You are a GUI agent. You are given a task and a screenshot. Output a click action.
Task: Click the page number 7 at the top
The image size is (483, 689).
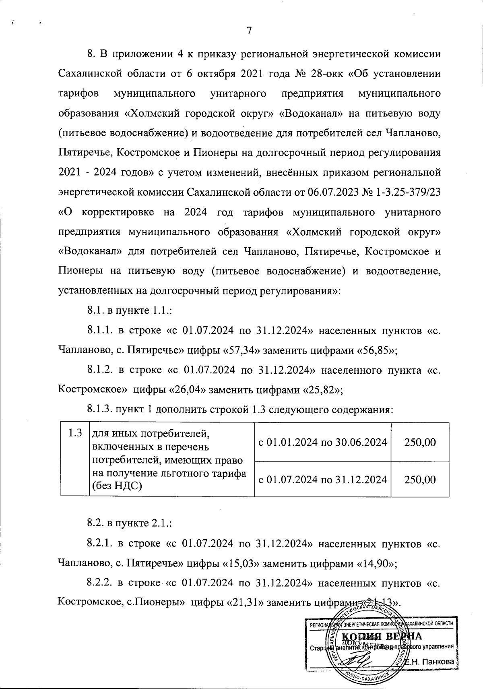tap(249, 31)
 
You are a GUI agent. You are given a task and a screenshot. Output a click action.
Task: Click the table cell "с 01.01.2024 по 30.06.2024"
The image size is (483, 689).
tap(322, 442)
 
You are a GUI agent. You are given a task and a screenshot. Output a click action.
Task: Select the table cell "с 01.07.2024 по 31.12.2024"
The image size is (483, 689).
tap(322, 480)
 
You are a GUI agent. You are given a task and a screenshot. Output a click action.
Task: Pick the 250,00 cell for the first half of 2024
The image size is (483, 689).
tap(420, 442)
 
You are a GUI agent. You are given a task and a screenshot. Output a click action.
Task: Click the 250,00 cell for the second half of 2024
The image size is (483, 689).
tap(420, 480)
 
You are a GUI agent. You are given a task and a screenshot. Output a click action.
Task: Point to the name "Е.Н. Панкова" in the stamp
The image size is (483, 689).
tap(429, 662)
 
